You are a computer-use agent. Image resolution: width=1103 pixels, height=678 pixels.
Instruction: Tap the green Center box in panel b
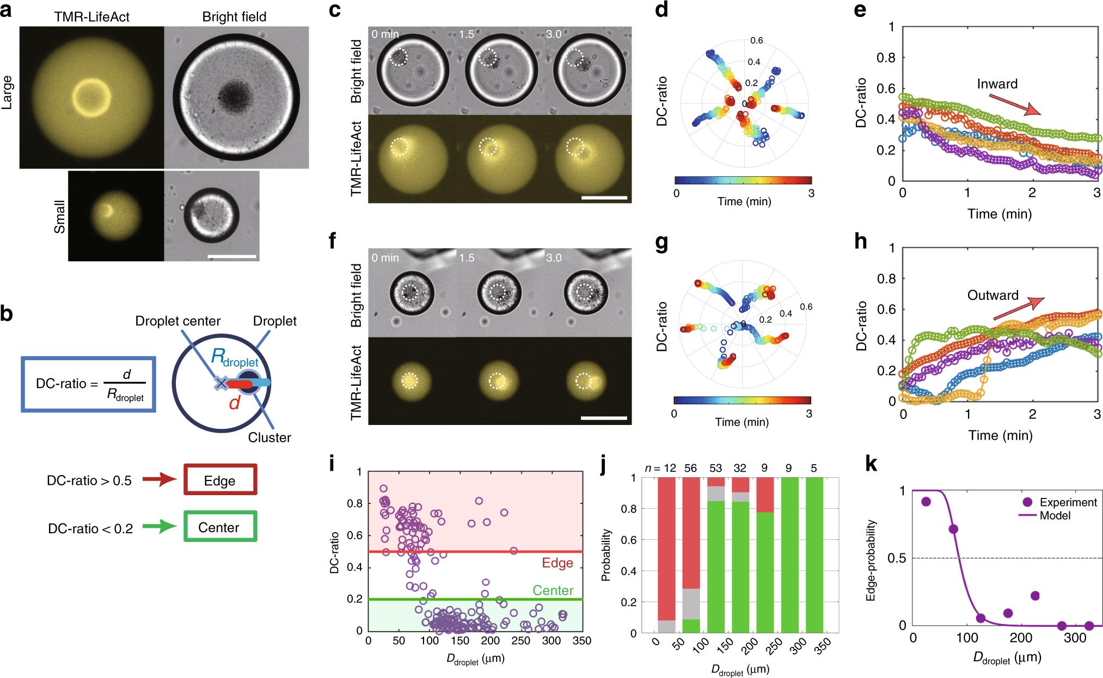click(x=220, y=527)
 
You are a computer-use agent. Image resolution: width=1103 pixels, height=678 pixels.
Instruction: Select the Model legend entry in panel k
click(x=1056, y=515)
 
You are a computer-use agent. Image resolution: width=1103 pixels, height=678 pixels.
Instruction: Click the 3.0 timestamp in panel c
click(x=554, y=34)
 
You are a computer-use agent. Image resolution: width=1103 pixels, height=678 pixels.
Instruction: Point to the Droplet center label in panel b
click(x=178, y=321)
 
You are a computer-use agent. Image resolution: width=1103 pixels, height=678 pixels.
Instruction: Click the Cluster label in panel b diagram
click(x=269, y=437)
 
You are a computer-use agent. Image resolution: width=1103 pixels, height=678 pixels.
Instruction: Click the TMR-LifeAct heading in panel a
click(x=91, y=16)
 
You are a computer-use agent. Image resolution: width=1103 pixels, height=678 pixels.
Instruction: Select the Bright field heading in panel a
click(x=234, y=16)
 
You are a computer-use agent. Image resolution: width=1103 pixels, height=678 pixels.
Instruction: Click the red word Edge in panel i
click(x=557, y=563)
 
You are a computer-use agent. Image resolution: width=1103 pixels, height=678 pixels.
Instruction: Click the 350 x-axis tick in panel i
click(x=583, y=641)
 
